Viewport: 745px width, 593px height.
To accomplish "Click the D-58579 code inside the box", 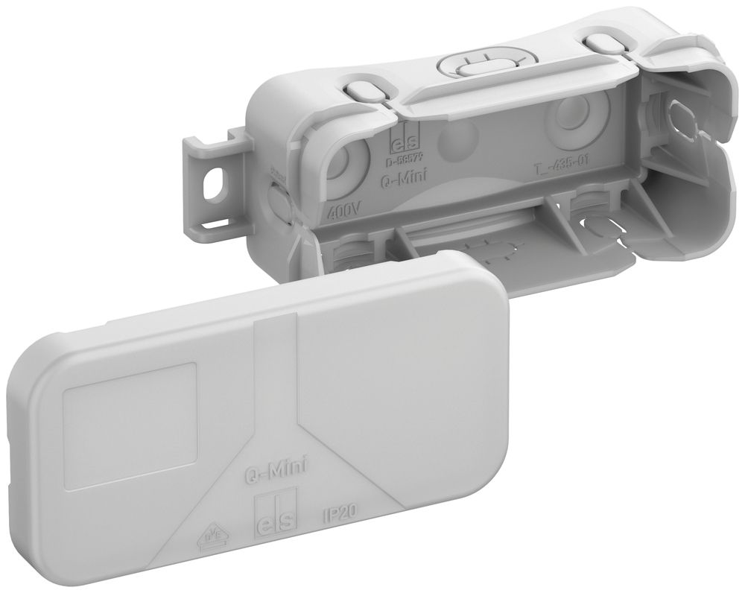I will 402,158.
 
